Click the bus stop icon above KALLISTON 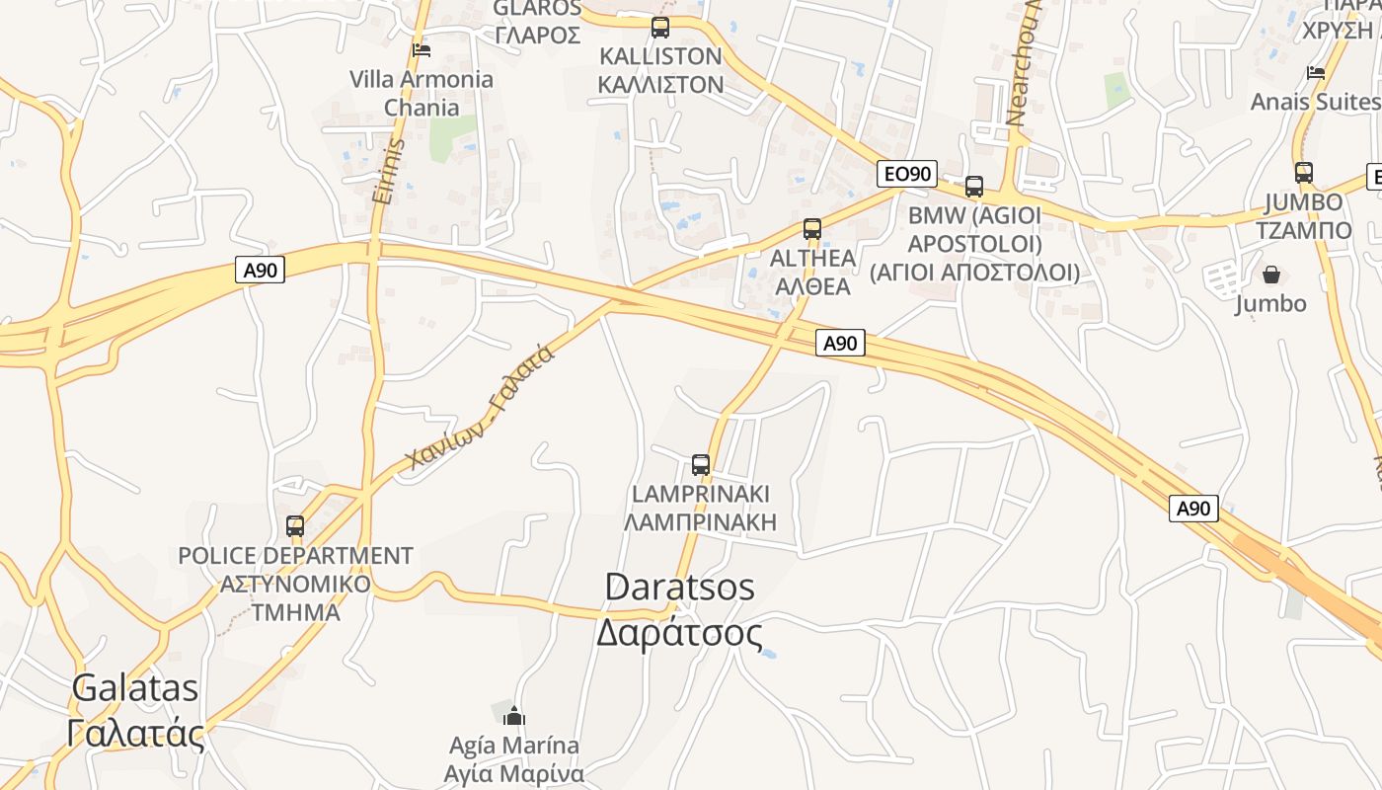[x=660, y=28]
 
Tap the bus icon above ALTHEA [x=812, y=229]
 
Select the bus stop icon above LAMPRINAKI [x=701, y=464]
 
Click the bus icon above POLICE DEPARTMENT [x=295, y=525]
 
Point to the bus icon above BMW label [x=974, y=186]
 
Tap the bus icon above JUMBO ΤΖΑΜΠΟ [x=1304, y=173]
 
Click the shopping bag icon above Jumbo [x=1271, y=274]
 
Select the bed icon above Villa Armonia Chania [x=422, y=49]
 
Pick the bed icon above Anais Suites [x=1315, y=72]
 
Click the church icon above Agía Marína [x=513, y=715]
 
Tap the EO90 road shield [x=906, y=174]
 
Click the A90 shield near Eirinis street [x=260, y=270]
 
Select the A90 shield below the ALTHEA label [x=840, y=343]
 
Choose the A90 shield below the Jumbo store [x=1194, y=509]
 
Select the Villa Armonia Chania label [x=422, y=93]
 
